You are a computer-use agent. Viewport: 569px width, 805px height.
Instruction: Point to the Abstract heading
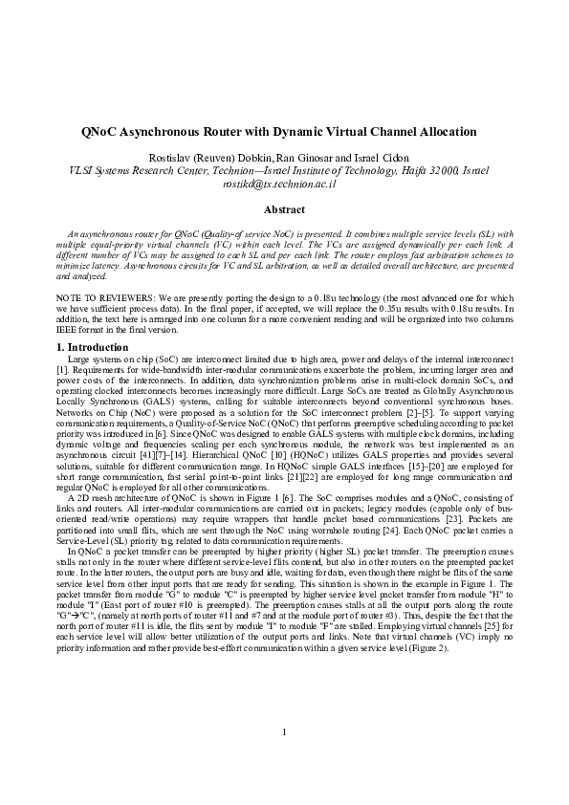(x=284, y=209)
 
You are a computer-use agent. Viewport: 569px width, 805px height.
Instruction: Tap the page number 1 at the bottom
(x=284, y=759)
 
